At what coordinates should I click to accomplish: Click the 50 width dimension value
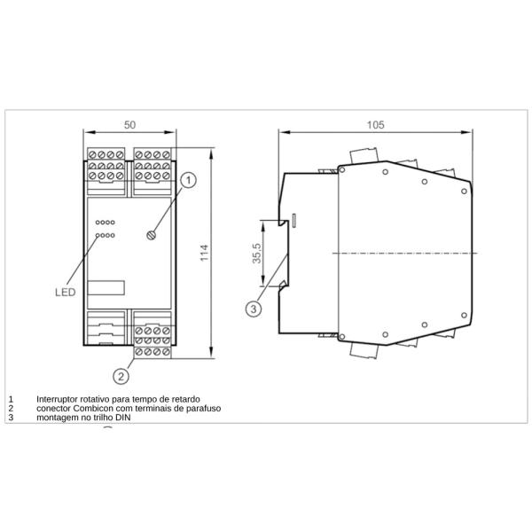pos(129,125)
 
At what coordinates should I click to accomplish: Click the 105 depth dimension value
pos(376,125)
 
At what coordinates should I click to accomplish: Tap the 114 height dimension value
pos(204,253)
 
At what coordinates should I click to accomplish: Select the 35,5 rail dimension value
pos(256,253)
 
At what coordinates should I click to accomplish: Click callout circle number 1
pos(188,180)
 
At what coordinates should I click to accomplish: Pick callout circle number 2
pos(121,376)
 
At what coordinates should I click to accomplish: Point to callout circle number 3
pos(254,309)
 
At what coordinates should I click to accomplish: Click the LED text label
pos(65,292)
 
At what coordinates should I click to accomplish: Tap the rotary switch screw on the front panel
pos(152,235)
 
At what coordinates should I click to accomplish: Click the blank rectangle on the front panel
pos(106,287)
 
